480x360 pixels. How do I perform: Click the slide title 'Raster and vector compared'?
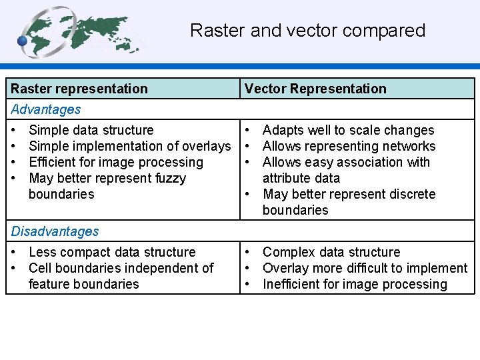307,31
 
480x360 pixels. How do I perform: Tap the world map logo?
80,32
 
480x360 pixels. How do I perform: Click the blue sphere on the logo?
23,41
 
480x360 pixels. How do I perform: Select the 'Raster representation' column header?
79,89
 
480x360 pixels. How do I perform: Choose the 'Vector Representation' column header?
315,89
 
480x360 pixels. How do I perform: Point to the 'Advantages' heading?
46,109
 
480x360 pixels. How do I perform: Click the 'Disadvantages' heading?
55,231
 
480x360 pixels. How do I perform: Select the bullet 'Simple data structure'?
91,130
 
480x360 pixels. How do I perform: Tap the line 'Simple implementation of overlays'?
130,146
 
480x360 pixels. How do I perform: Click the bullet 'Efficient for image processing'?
116,162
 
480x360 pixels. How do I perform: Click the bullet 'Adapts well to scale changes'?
348,130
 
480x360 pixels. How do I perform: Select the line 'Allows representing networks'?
349,146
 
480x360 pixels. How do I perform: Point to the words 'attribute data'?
301,178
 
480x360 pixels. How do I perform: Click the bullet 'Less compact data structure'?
113,252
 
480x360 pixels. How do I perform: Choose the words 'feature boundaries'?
84,284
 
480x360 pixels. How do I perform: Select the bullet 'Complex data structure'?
331,252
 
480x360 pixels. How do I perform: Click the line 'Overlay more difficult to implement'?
365,268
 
